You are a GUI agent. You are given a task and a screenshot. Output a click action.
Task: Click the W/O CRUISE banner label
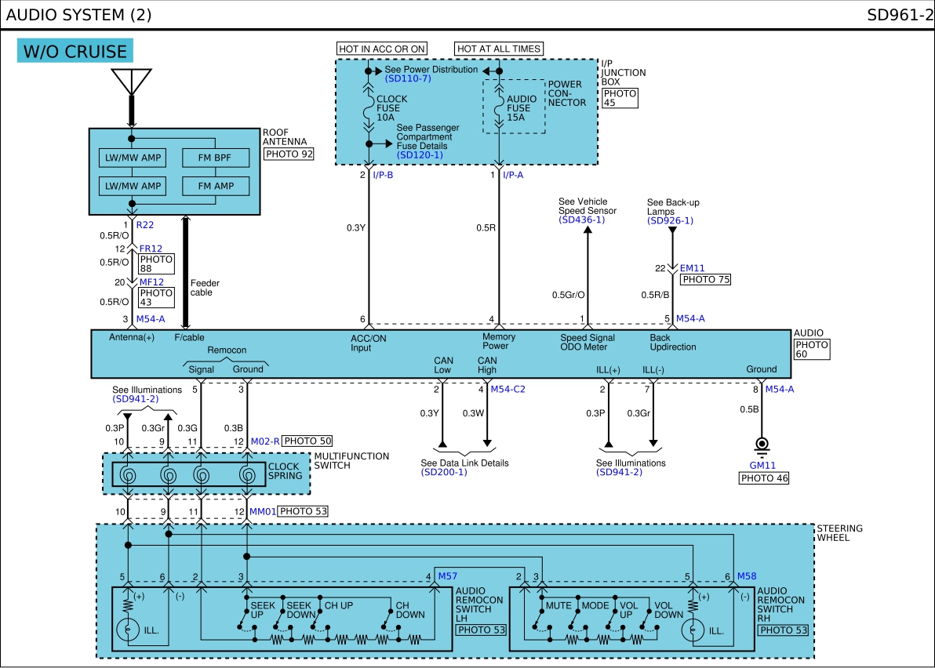point(75,51)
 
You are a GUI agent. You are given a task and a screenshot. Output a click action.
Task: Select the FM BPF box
point(215,158)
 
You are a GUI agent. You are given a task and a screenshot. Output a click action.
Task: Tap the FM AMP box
point(215,186)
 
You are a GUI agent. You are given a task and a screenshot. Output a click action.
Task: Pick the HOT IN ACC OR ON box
point(382,49)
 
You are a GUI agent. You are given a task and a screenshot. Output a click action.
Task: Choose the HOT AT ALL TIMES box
point(499,49)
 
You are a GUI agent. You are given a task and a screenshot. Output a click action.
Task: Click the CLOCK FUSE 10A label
point(391,108)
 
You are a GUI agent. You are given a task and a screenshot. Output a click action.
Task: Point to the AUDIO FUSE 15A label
point(522,108)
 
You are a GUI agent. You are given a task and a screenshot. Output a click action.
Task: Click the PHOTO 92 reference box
point(289,154)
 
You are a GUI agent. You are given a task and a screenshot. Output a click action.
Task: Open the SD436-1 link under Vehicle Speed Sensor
point(582,220)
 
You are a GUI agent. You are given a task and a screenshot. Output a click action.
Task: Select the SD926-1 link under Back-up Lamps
point(670,220)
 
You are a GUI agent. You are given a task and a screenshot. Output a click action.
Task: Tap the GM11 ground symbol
point(762,446)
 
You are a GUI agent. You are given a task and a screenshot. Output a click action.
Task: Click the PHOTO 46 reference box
point(764,478)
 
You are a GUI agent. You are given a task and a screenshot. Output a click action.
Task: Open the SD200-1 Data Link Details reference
point(444,472)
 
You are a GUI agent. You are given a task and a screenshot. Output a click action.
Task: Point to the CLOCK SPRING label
point(285,470)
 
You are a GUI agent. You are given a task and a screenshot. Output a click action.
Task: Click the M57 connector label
point(447,576)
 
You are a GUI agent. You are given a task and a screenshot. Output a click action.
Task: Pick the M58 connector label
point(747,576)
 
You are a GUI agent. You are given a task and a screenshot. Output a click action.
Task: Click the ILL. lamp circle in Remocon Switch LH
point(128,630)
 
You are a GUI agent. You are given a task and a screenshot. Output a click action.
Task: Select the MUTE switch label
point(558,605)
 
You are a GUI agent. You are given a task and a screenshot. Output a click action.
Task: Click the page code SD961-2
point(900,14)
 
